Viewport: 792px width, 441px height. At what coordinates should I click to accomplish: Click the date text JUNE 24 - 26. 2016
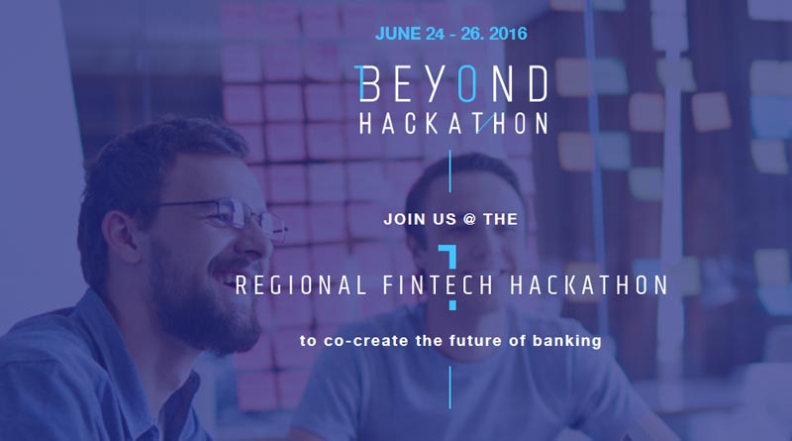pos(451,34)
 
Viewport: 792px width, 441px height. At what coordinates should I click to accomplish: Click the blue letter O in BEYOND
pos(467,83)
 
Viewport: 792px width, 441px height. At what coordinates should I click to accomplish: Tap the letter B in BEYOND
pos(369,83)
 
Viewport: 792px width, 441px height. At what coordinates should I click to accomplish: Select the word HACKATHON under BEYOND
pos(453,124)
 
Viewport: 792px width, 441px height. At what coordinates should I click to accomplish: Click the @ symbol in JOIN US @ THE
pos(469,219)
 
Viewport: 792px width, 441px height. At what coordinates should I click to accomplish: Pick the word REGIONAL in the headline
pos(301,285)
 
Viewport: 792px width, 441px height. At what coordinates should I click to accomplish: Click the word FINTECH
pos(438,285)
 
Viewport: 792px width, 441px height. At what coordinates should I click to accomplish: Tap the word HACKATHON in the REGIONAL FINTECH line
pos(589,285)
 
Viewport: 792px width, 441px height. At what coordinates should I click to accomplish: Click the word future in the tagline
pos(477,340)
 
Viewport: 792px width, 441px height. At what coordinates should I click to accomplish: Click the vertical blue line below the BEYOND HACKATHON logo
pos(450,170)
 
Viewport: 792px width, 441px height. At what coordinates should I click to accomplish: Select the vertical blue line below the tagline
pos(450,387)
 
